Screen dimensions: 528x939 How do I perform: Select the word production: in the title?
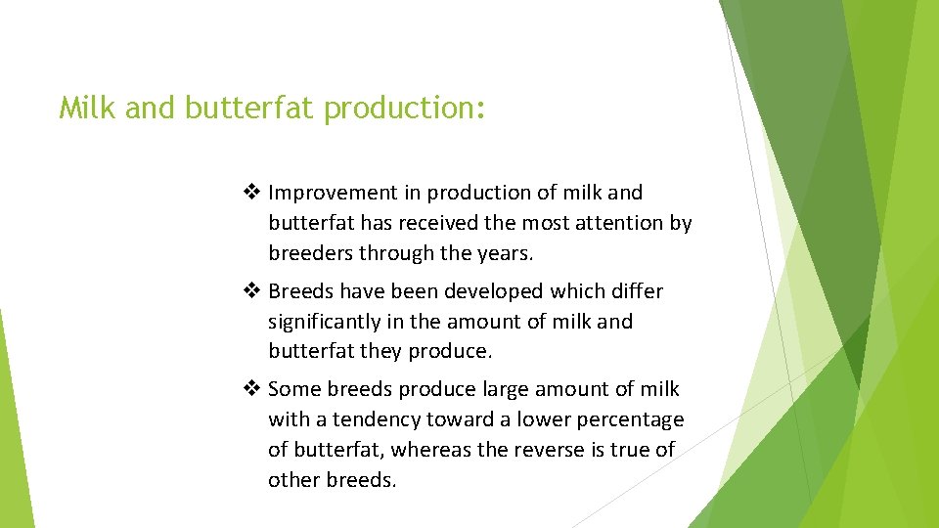click(x=404, y=108)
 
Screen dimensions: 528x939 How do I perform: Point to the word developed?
click(x=494, y=291)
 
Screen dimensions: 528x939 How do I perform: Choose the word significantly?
click(x=326, y=321)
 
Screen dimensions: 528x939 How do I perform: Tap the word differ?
click(x=639, y=291)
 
